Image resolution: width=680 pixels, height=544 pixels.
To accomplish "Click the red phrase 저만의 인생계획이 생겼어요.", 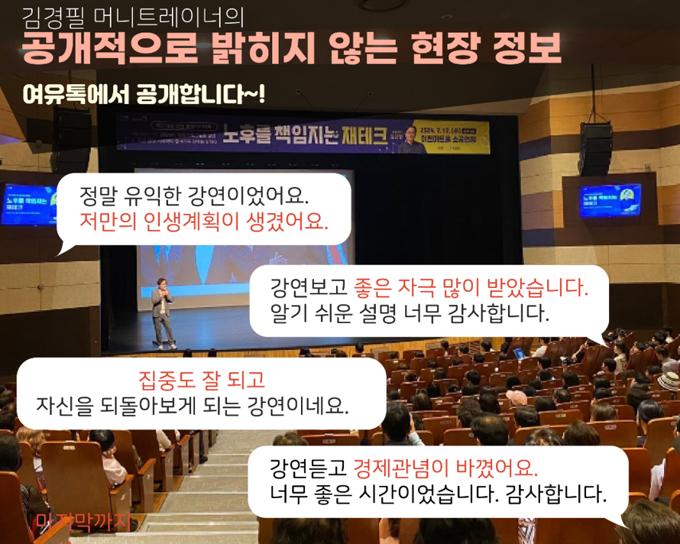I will (x=203, y=222).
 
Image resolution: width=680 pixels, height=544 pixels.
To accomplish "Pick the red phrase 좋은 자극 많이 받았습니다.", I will (x=471, y=289).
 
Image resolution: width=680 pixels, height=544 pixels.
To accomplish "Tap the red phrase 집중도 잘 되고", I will (x=201, y=379).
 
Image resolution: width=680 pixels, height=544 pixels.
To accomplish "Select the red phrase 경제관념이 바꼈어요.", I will (x=445, y=467).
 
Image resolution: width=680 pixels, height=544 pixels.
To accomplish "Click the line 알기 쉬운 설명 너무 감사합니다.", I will (x=410, y=313).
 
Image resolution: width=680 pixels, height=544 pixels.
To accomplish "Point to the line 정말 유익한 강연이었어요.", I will (x=194, y=196).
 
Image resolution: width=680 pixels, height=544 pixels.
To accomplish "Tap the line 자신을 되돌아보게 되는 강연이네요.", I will (x=192, y=404).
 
